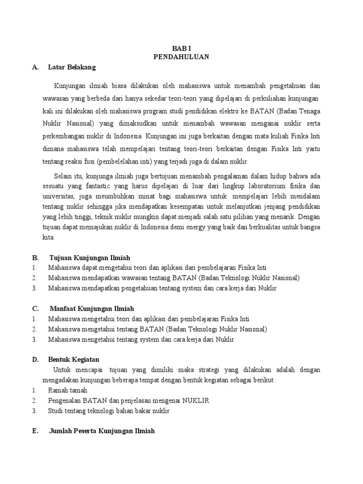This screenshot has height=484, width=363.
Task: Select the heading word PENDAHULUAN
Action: [x=181, y=57]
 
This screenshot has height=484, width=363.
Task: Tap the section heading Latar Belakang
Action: [x=72, y=67]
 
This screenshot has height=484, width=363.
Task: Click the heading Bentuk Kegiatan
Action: [x=73, y=360]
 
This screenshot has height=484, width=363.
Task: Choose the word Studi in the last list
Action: [x=56, y=411]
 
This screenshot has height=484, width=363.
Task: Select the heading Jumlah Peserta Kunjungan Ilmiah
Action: [x=102, y=431]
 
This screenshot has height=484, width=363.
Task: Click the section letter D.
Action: [x=35, y=360]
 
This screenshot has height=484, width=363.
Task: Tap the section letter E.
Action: [x=35, y=431]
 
